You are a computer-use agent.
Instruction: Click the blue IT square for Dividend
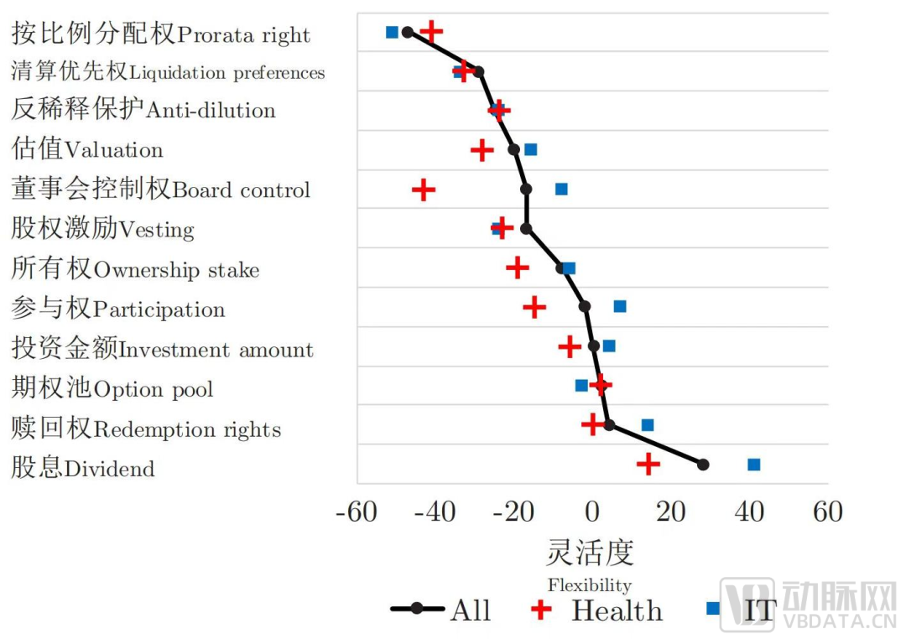click(753, 465)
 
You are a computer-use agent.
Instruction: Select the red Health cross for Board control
click(424, 190)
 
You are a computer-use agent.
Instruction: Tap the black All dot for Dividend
click(703, 465)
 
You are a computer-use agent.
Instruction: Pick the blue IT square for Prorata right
click(392, 32)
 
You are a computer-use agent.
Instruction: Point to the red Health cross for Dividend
click(648, 465)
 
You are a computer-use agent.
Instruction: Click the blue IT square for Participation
click(620, 306)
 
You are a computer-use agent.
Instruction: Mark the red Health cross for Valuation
click(482, 151)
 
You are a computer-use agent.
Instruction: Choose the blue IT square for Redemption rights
click(648, 425)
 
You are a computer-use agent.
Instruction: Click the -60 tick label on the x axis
click(357, 512)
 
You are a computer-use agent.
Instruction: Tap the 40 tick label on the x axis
click(749, 512)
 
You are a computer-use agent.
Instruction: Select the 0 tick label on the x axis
click(592, 512)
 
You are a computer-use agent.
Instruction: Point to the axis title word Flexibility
click(589, 584)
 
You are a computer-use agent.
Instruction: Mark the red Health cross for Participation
click(534, 307)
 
